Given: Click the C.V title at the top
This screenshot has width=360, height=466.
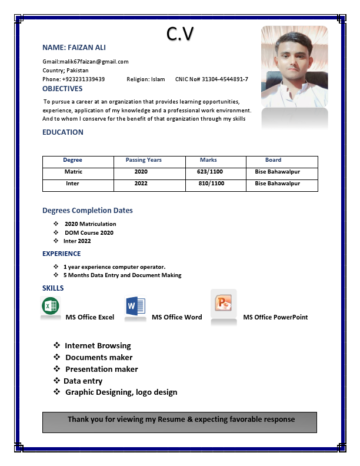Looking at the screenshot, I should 179,34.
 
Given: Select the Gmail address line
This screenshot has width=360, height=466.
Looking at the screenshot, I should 85,61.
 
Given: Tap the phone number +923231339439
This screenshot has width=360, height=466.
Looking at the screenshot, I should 83,79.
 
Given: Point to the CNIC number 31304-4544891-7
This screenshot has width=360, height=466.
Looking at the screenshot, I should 225,79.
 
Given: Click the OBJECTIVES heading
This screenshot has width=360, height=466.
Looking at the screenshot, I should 62,89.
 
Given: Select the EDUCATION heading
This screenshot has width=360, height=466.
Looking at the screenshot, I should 63,132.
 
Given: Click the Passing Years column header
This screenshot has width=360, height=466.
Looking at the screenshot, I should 144,160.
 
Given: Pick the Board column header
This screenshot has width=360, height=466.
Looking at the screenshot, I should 273,160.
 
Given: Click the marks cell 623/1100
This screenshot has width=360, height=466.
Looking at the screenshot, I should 210,172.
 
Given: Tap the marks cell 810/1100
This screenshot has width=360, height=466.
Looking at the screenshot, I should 211,184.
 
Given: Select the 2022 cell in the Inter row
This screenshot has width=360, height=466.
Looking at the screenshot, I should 141,184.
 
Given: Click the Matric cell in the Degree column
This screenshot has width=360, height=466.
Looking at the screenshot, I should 74,172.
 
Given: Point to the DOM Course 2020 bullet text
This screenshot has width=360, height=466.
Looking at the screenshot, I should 89,232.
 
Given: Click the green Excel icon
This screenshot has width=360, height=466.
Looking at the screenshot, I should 51,306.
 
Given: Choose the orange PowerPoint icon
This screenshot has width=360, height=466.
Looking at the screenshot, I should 224,304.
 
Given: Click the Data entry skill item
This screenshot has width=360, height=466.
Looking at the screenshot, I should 83,381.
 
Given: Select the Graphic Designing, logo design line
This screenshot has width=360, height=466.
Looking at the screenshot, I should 121,392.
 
